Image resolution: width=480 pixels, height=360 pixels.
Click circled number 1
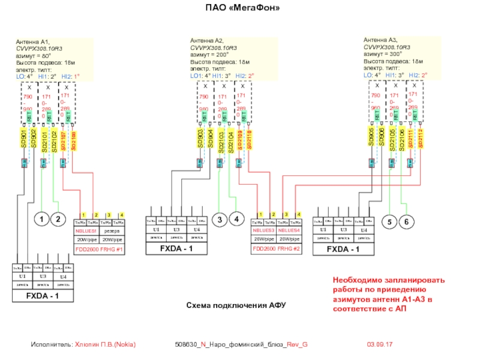pyautogui.click(x=41, y=220)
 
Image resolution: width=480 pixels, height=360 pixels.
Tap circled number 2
pyautogui.click(x=58, y=220)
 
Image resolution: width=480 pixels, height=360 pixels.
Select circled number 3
pyautogui.click(x=220, y=220)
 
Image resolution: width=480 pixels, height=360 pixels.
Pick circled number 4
pyautogui.click(x=237, y=220)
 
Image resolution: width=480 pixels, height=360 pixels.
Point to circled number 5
pyautogui.click(x=389, y=222)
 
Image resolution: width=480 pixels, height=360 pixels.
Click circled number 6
pyautogui.click(x=406, y=222)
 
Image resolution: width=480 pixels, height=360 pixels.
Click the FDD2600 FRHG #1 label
pyautogui.click(x=99, y=248)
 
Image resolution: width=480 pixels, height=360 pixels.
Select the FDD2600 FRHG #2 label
pyautogui.click(x=276, y=248)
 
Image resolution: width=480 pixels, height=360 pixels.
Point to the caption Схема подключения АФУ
pyautogui.click(x=235, y=305)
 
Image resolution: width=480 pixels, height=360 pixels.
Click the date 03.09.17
pyautogui.click(x=379, y=345)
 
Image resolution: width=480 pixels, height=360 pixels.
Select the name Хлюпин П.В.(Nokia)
pyautogui.click(x=105, y=345)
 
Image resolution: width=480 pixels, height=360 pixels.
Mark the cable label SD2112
pyautogui.click(x=421, y=139)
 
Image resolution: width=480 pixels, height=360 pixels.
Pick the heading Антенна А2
pyautogui.click(x=207, y=40)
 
